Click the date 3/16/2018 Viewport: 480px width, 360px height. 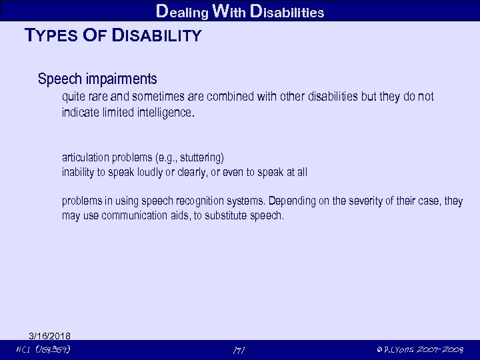pos(50,335)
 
